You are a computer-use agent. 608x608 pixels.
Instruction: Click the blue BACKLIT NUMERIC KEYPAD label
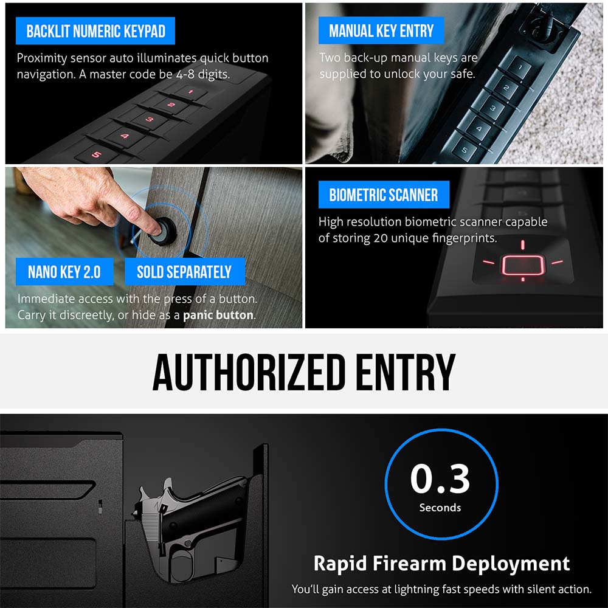tap(96, 31)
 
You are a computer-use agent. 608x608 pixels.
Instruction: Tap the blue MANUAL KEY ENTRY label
tap(381, 31)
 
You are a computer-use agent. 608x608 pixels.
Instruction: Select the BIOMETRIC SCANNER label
tap(384, 195)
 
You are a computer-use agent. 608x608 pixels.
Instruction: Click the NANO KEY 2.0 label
tap(64, 272)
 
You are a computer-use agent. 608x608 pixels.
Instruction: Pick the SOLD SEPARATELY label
tap(184, 272)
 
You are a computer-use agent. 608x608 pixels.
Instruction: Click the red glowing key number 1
tap(190, 92)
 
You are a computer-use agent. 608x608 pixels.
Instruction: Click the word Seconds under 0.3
tap(440, 507)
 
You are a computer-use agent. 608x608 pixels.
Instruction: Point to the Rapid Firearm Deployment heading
tap(441, 563)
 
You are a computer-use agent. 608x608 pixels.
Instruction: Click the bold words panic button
tap(218, 315)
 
